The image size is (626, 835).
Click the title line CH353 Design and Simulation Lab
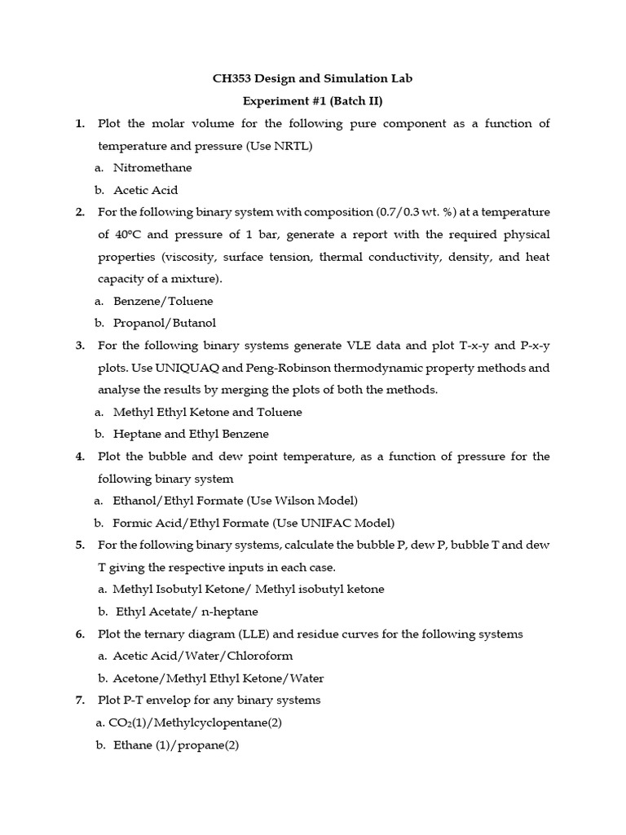click(313, 79)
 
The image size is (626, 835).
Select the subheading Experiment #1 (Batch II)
click(313, 101)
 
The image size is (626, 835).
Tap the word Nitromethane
click(152, 168)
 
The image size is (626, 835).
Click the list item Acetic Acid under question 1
click(145, 190)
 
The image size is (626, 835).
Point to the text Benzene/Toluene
click(163, 301)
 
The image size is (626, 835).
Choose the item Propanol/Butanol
click(165, 323)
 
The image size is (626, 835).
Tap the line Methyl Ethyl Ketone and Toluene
click(207, 412)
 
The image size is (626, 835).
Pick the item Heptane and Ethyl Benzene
click(191, 434)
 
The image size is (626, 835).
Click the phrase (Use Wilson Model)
click(306, 501)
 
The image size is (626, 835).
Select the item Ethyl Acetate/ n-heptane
click(183, 612)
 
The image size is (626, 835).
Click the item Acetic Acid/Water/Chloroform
click(202, 656)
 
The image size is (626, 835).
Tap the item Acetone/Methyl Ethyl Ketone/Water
click(218, 678)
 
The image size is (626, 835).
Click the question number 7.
click(80, 700)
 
